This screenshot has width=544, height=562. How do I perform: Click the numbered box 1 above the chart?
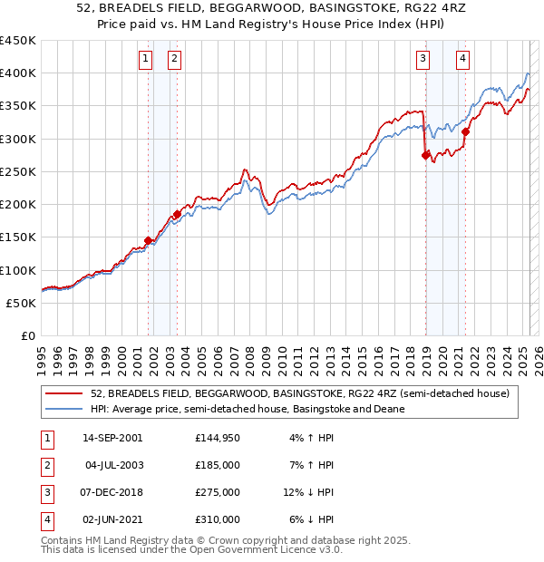pyautogui.click(x=145, y=60)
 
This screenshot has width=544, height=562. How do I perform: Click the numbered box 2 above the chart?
pyautogui.click(x=174, y=60)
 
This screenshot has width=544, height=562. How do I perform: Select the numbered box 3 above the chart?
pyautogui.click(x=423, y=60)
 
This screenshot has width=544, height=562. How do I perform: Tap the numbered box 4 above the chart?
pyautogui.click(x=462, y=60)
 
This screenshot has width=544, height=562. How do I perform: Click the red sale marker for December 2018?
pyautogui.click(x=425, y=155)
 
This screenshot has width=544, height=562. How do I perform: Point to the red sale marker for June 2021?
pyautogui.click(x=465, y=131)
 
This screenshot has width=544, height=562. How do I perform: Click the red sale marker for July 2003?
pyautogui.click(x=177, y=214)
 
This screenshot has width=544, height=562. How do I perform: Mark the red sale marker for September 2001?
pyautogui.click(x=148, y=240)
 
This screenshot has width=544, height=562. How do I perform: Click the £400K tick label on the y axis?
pyautogui.click(x=18, y=73)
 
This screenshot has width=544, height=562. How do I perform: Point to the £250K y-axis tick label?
pyautogui.click(x=18, y=171)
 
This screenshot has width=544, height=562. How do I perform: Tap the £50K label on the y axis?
pyautogui.click(x=22, y=303)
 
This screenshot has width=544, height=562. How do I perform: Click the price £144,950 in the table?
pyautogui.click(x=217, y=438)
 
